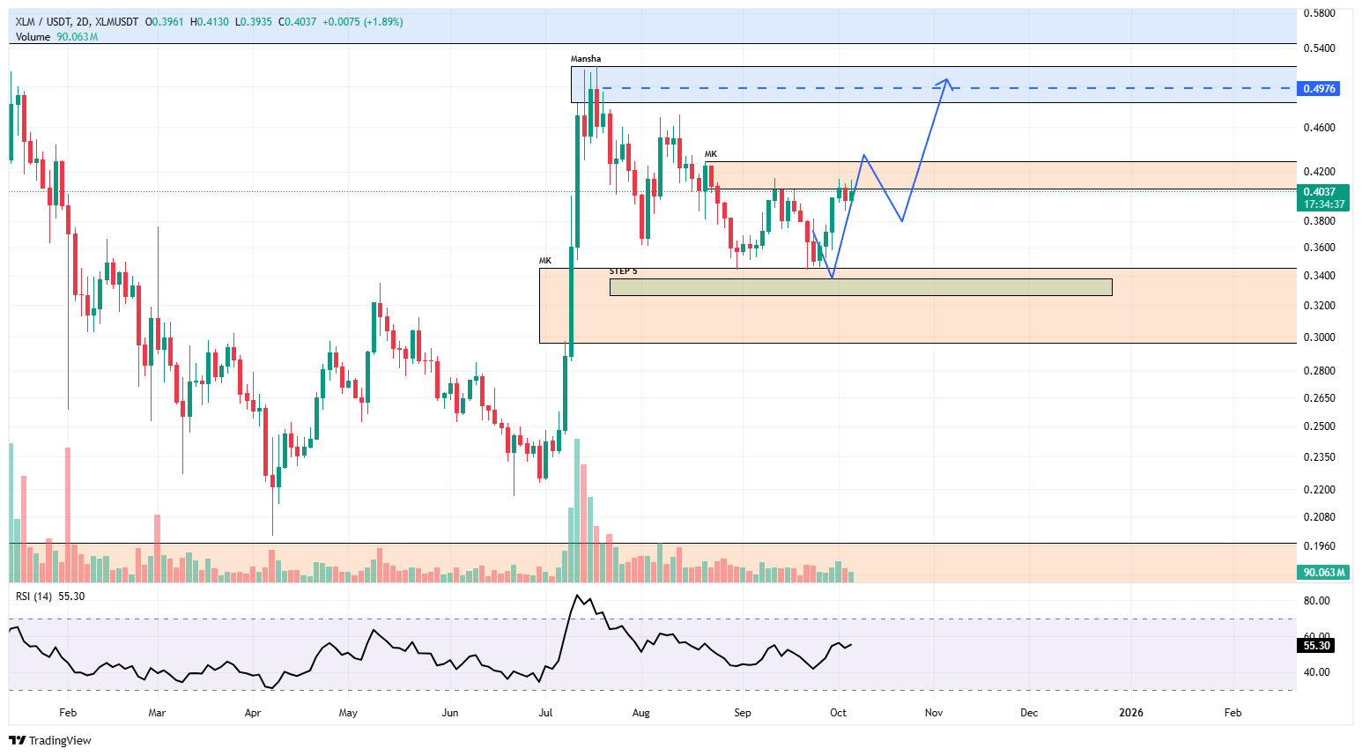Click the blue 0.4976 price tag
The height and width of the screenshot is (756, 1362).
click(1319, 89)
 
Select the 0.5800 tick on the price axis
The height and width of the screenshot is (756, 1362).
click(1319, 13)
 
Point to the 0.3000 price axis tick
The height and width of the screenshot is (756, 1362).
click(1319, 337)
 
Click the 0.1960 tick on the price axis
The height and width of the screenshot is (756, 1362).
click(1319, 546)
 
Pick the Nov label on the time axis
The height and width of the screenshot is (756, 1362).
click(934, 713)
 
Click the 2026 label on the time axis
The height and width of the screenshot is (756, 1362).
click(1130, 713)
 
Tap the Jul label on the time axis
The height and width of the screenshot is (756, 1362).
click(545, 713)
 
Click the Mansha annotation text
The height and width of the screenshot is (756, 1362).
click(586, 59)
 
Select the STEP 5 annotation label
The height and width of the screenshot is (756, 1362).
click(623, 271)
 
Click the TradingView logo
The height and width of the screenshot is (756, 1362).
click(50, 740)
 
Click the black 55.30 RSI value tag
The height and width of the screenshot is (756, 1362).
click(1316, 646)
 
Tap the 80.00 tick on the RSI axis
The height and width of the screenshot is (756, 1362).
click(1316, 601)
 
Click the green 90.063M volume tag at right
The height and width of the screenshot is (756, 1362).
click(1323, 573)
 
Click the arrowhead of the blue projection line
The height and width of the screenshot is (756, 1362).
click(946, 80)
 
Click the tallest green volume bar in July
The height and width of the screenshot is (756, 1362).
click(577, 511)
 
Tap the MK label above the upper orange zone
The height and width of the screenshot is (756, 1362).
click(710, 154)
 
